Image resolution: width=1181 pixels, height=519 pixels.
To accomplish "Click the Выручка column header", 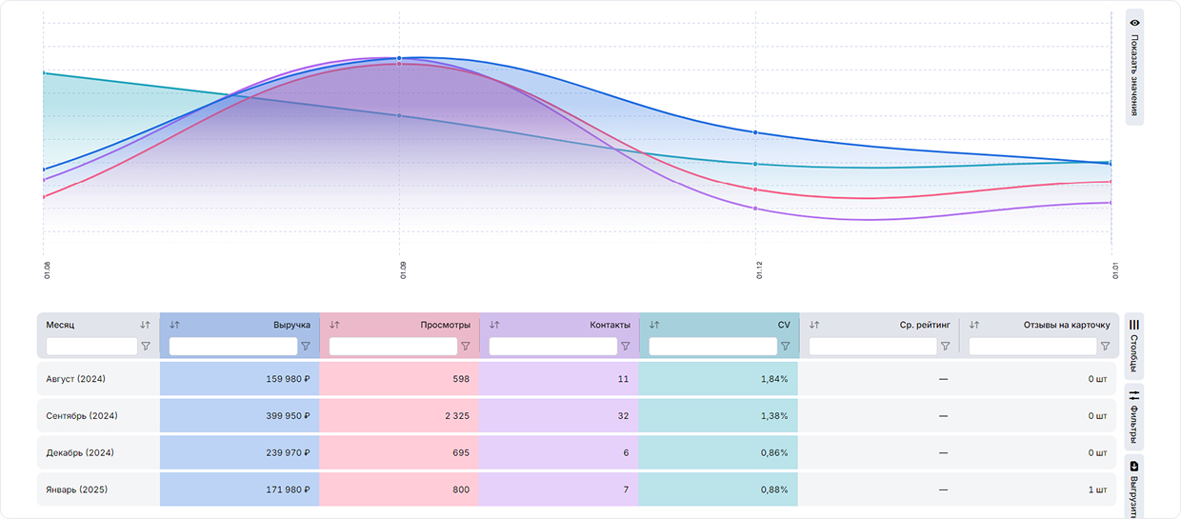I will click(291, 325).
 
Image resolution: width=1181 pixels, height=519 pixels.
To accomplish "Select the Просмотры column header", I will click(445, 325).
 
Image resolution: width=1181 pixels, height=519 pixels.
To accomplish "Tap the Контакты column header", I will click(610, 325).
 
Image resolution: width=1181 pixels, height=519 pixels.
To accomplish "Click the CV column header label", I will click(784, 325).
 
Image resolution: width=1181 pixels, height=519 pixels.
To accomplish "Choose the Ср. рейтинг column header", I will click(925, 325).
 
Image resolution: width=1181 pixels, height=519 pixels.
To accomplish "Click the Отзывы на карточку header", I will click(1067, 325).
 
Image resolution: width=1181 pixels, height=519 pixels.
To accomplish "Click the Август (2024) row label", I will click(76, 379).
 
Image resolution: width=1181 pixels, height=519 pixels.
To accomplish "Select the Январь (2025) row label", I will click(76, 489).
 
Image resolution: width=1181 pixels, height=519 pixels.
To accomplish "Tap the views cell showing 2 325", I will click(454, 416).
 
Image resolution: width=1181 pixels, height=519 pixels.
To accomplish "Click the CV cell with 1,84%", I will click(773, 379).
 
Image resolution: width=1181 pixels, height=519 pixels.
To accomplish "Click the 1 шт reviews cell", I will click(1097, 489).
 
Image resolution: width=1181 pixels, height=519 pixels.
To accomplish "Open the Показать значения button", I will click(1134, 67).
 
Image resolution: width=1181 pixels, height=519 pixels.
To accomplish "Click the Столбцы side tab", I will click(1134, 346).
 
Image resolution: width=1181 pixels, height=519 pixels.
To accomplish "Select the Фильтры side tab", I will click(1134, 416).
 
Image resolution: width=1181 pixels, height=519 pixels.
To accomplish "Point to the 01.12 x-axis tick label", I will click(759, 271).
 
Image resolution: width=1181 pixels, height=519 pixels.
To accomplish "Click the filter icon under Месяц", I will click(146, 347).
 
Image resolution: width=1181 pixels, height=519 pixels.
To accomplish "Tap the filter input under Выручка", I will click(232, 347).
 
